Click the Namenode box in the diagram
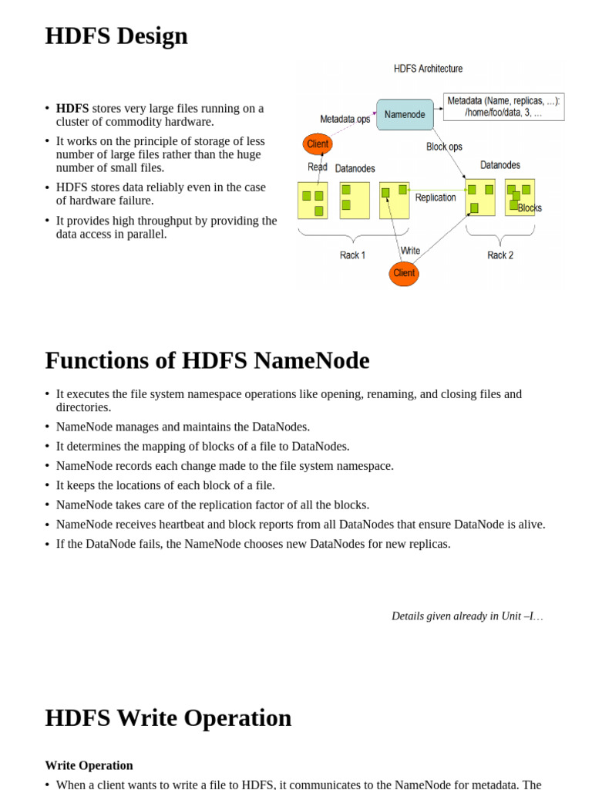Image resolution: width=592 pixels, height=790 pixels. click(x=405, y=114)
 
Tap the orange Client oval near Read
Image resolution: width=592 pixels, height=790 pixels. click(x=318, y=144)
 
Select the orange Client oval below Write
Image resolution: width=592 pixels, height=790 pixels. click(x=404, y=273)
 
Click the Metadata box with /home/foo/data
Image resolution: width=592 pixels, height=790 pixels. click(x=504, y=106)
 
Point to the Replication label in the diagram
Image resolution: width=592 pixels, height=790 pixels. click(x=436, y=197)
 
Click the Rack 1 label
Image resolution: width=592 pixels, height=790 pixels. click(x=352, y=255)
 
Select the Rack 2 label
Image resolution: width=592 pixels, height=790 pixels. click(x=500, y=255)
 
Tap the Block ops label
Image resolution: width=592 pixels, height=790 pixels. click(x=444, y=147)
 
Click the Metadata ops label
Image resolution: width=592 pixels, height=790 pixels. click(x=345, y=119)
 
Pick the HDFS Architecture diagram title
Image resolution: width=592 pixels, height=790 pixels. click(x=428, y=69)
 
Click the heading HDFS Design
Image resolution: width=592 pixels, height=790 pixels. click(x=116, y=35)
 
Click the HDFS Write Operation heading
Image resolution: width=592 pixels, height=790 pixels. click(x=168, y=717)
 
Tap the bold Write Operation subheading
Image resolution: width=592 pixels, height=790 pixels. click(x=89, y=765)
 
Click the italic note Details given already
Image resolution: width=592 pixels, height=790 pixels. click(x=466, y=616)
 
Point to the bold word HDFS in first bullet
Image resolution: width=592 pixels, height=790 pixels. click(x=72, y=109)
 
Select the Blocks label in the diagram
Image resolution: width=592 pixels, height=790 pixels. click(x=530, y=208)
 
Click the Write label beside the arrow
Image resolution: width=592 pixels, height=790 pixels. click(x=410, y=251)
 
